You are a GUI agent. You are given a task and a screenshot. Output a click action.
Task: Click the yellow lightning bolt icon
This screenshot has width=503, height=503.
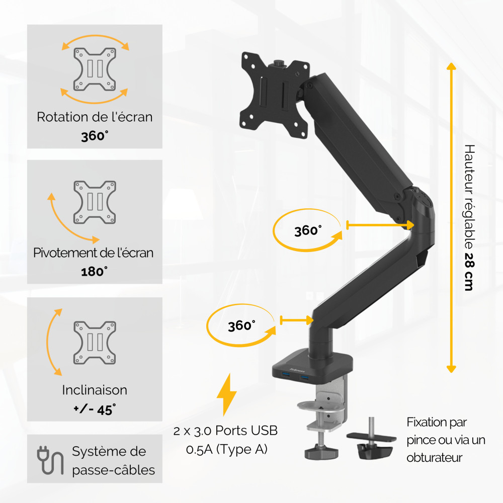click(x=227, y=394)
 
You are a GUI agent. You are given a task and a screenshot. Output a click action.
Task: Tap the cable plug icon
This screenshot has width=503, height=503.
click(x=50, y=460)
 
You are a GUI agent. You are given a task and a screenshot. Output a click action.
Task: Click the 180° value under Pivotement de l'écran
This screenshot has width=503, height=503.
click(x=95, y=272)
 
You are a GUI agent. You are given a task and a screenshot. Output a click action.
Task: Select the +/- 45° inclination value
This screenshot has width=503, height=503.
click(x=95, y=409)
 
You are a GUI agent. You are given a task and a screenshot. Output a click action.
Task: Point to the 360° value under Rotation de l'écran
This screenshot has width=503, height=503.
click(x=95, y=136)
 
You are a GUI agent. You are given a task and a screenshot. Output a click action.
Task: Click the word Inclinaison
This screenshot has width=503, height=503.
click(x=95, y=390)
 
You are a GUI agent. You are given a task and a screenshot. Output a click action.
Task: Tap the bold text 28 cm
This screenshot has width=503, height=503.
click(x=469, y=272)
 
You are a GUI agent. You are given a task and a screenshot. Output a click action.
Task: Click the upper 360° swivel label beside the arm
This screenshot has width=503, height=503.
click(x=308, y=230)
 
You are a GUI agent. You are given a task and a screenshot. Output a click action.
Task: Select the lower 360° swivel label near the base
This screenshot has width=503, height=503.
click(x=241, y=325)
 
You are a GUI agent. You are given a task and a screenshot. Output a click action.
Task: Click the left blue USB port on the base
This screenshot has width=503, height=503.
click(x=286, y=374)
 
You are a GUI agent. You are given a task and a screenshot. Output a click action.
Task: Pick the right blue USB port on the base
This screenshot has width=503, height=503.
click(x=304, y=377)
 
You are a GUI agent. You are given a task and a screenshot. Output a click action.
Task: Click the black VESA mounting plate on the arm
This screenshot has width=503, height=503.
click(x=275, y=95)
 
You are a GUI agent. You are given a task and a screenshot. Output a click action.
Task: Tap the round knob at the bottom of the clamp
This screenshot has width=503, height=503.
click(x=321, y=453)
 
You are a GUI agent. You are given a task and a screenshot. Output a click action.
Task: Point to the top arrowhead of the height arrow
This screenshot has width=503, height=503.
click(x=451, y=66)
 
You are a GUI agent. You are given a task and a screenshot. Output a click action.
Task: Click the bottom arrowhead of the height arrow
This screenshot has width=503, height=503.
click(x=451, y=369)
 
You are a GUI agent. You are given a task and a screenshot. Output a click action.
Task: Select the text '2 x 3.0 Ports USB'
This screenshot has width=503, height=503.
click(x=225, y=431)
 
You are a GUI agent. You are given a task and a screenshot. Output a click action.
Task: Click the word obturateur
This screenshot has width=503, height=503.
click(x=435, y=457)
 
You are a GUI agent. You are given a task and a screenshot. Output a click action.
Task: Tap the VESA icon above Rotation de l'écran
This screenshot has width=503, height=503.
click(x=95, y=69)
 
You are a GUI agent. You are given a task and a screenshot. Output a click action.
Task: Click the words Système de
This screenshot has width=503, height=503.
click(x=109, y=452)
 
